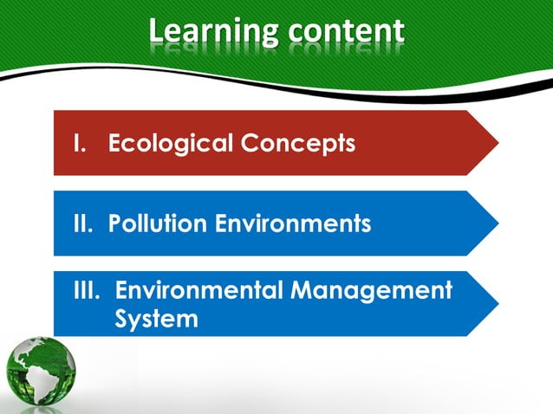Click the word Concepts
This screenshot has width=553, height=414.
click(296, 144)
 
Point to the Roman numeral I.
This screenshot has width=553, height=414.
click(76, 143)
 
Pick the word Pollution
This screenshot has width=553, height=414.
click(158, 223)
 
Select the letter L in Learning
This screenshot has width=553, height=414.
click(156, 30)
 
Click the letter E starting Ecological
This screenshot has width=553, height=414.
click(115, 143)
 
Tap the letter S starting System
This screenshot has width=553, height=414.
click(122, 319)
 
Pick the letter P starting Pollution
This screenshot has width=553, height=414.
click(115, 223)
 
